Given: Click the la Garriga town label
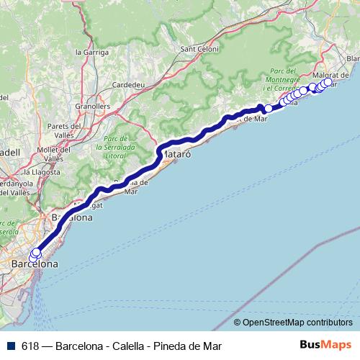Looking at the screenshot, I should [91, 52].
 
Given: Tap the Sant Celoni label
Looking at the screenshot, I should [198, 49].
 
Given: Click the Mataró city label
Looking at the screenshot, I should [174, 154].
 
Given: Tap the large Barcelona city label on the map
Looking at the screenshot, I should [35, 265].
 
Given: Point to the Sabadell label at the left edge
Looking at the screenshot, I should [9, 153].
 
